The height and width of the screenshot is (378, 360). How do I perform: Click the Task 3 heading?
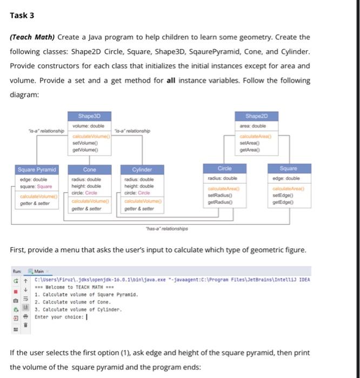coord(22,15)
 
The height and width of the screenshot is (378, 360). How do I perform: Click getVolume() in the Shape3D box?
coord(85,150)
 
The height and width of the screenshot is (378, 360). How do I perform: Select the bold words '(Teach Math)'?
coord(32,37)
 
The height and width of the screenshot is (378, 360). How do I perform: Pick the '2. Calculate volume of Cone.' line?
coord(66,303)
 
